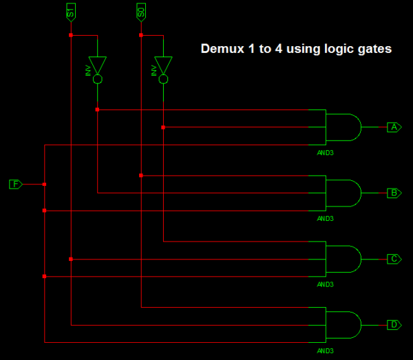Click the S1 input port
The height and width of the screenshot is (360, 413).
click(71, 12)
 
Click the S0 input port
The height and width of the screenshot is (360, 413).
click(141, 12)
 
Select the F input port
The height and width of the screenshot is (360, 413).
click(16, 184)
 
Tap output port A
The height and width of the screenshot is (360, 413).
click(394, 127)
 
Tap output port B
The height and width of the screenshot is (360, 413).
click(394, 193)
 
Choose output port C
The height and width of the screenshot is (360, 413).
click(394, 259)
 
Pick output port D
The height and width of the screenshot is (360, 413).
click(394, 325)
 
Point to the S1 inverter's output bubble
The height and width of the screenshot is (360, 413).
click(98, 79)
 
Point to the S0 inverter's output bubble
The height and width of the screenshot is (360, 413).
click(163, 79)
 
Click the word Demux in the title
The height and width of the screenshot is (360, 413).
click(222, 49)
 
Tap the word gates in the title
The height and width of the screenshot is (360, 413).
click(375, 50)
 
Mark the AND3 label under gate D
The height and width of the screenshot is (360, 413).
click(326, 351)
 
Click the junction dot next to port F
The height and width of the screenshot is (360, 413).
click(44, 184)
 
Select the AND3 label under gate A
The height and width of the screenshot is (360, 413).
click(326, 153)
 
